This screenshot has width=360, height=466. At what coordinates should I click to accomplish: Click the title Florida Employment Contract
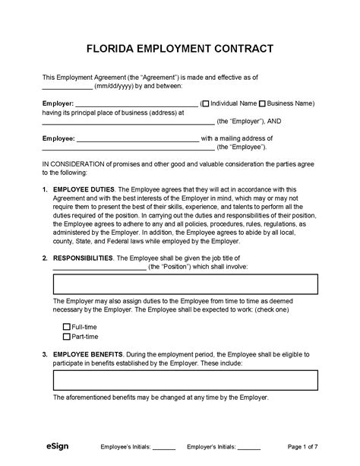click(x=179, y=49)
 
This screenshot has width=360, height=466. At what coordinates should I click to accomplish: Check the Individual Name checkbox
click(x=204, y=103)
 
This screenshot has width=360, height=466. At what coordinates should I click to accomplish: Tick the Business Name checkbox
click(x=263, y=103)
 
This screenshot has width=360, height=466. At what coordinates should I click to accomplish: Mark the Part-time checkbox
click(x=67, y=335)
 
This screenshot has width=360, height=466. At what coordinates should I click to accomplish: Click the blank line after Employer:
click(x=137, y=105)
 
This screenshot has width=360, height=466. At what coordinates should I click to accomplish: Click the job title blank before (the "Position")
click(x=99, y=269)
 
